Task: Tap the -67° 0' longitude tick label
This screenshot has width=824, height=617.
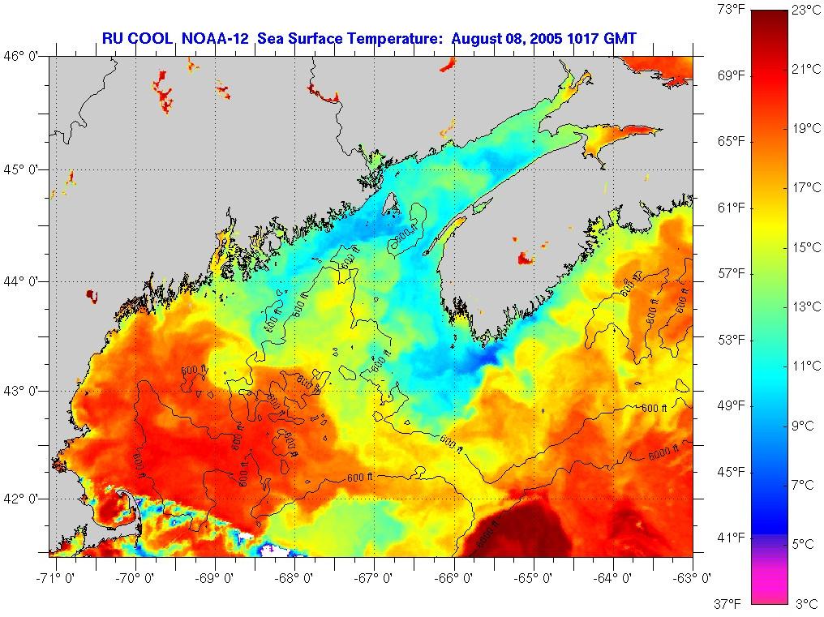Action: tap(374, 579)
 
